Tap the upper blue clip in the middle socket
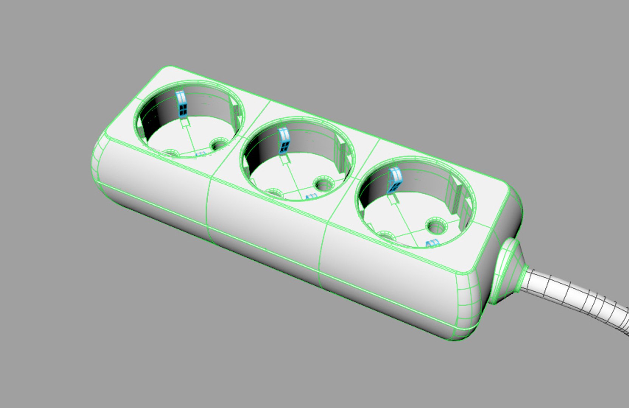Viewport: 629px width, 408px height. click(284, 140)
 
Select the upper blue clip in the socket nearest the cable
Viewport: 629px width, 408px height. click(395, 180)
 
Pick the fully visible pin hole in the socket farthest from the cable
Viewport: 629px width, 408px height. click(218, 144)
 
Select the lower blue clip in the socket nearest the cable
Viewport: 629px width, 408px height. click(431, 244)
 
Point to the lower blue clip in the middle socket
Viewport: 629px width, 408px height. click(311, 196)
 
